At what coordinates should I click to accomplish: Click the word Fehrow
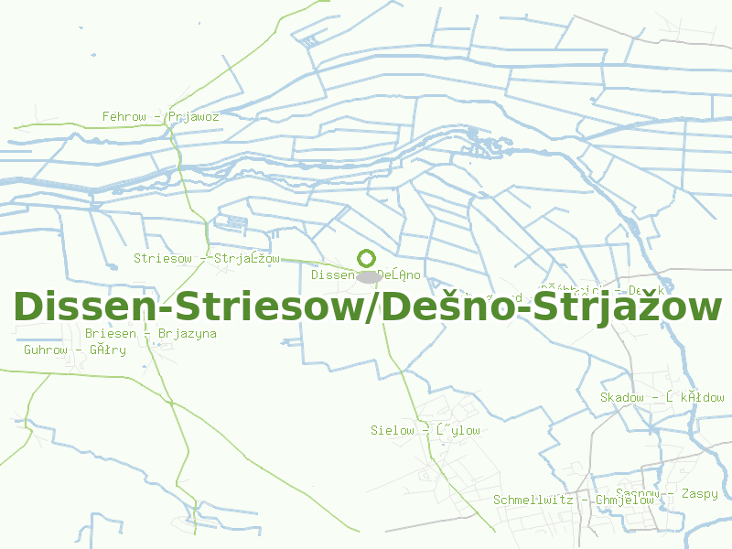coord(124,117)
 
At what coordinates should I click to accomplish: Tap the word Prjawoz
coord(193,117)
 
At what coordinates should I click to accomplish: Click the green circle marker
coord(367,259)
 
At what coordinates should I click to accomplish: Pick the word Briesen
coord(110,333)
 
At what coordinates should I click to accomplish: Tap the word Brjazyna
coord(188,333)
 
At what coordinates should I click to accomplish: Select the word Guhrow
coord(46,350)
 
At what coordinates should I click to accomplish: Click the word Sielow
coord(393,430)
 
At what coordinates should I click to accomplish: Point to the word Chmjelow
coord(625,501)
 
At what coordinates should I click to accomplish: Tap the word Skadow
coord(622,397)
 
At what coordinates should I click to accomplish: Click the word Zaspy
coord(700,494)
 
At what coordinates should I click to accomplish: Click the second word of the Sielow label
coord(457,430)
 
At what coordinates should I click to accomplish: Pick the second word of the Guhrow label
coord(107,350)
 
